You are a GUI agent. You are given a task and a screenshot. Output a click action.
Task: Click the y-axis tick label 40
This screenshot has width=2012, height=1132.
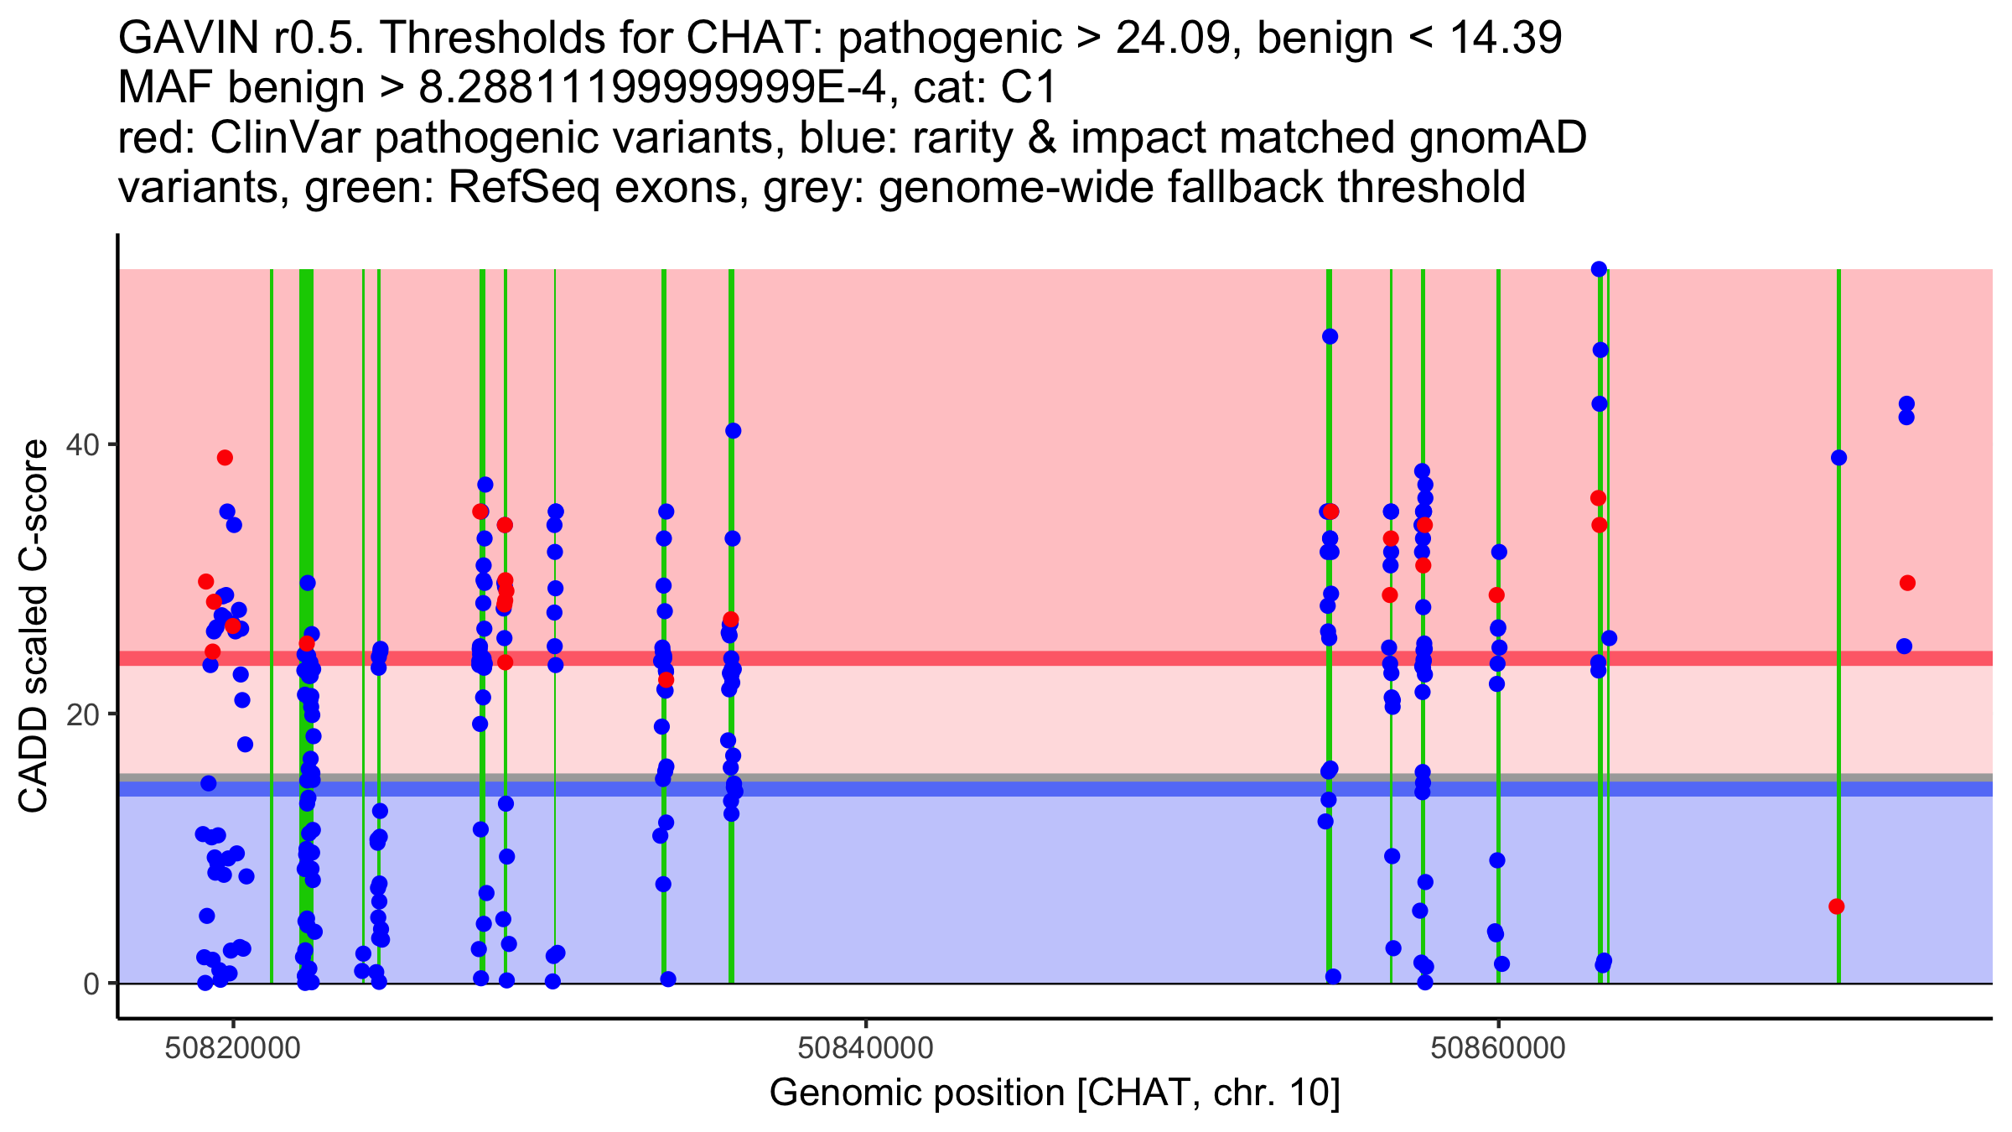84,444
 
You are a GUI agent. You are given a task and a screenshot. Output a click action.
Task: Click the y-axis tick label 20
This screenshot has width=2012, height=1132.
84,714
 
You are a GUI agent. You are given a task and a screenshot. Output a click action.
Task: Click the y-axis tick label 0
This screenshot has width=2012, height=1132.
91,984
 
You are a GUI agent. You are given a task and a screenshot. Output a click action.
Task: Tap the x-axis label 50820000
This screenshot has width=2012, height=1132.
233,1049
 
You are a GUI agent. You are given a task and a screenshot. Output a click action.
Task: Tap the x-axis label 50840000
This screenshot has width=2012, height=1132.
866,1049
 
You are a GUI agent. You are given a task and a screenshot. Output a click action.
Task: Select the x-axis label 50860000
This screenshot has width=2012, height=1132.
1498,1049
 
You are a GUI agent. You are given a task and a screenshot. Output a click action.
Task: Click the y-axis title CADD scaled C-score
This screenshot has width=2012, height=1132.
34,627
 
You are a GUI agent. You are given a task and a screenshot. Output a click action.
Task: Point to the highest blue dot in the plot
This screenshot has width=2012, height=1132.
1599,269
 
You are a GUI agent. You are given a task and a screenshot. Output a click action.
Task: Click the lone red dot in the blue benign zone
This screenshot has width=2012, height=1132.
1837,906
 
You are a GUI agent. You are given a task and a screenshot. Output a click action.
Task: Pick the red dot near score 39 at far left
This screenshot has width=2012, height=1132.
225,458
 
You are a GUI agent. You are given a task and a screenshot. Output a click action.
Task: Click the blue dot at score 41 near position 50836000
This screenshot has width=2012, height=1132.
734,431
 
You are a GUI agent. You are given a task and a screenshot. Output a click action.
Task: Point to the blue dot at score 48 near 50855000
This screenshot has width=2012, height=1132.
1330,337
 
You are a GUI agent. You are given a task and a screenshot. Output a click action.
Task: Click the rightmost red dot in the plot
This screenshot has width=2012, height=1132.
1907,583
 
